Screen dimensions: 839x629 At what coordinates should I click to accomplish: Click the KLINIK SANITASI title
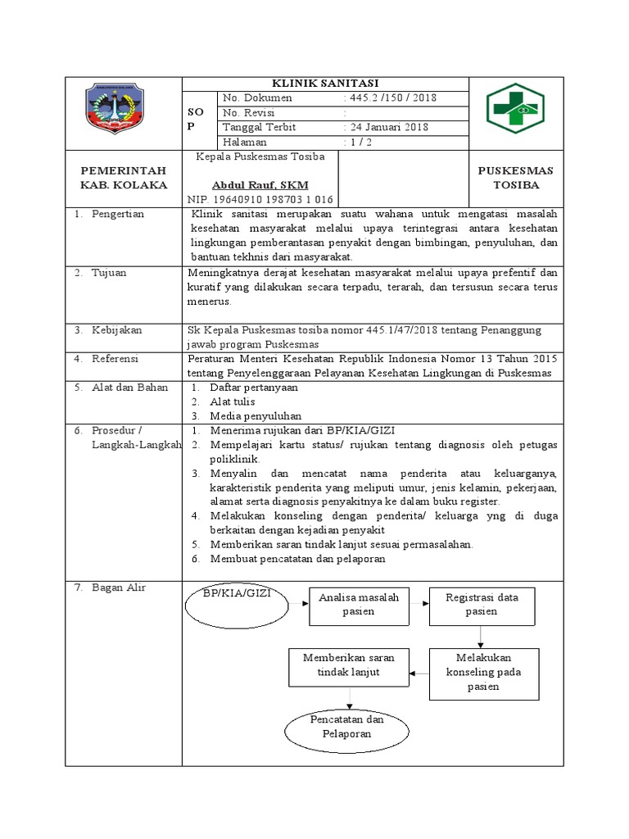(x=325, y=84)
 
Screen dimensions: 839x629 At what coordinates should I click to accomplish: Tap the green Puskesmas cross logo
(x=515, y=110)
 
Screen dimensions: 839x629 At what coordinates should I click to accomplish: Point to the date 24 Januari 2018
(x=387, y=127)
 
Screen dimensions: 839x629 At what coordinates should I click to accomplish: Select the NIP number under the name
(x=260, y=199)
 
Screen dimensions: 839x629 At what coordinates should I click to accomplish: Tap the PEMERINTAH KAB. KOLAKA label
(x=123, y=177)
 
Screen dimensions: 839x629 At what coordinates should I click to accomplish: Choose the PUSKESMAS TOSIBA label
(x=516, y=177)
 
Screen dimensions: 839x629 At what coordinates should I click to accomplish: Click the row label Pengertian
(x=117, y=214)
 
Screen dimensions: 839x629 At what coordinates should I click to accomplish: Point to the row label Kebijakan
(x=115, y=329)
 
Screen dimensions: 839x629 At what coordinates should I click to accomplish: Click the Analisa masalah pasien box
(x=358, y=605)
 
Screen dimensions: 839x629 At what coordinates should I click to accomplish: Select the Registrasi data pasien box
(x=481, y=605)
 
